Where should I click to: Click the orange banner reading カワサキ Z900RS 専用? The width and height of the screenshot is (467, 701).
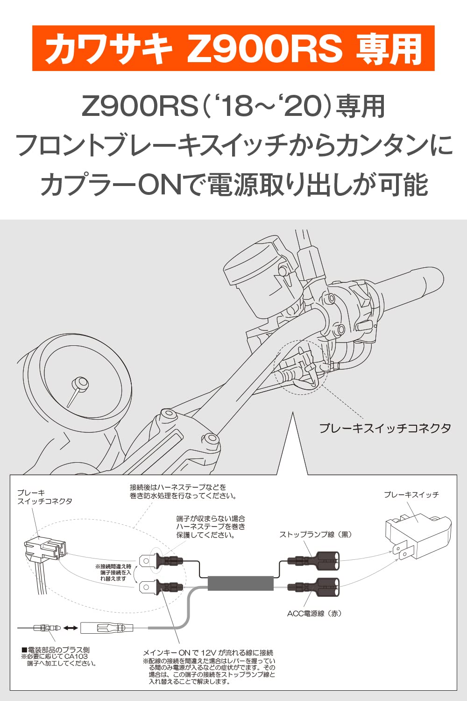point(233,48)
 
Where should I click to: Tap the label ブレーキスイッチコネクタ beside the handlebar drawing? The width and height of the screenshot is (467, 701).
point(385,428)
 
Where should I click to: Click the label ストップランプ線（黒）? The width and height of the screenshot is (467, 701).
point(315,534)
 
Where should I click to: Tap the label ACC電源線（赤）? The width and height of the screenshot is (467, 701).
point(314,613)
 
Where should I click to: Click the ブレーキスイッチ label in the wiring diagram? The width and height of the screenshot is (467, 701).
point(411,494)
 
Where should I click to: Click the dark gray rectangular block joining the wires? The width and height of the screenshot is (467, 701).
point(240,584)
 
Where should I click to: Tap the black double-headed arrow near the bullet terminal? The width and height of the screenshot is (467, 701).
point(71,628)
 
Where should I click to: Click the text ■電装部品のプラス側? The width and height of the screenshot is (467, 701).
point(56,650)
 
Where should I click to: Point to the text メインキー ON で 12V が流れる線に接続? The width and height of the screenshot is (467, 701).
point(208,652)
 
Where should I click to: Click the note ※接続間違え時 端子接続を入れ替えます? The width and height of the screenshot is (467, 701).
point(113,572)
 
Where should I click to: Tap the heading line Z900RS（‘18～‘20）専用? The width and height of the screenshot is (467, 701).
point(233,107)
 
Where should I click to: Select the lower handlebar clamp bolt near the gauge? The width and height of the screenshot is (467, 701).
point(212,438)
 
